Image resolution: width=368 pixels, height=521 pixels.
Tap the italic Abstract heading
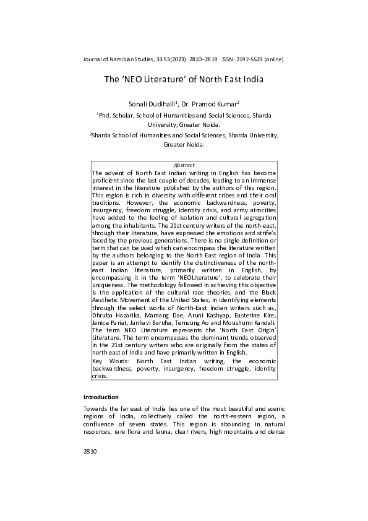pos(184,165)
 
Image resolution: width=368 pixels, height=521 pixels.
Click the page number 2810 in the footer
pos(90,469)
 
